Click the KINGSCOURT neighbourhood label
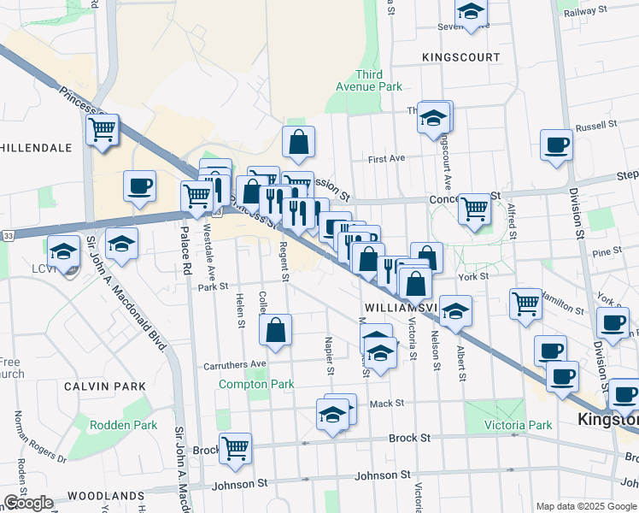[x=460, y=57]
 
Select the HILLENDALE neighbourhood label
[x=36, y=148]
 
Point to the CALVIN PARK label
[x=96, y=386]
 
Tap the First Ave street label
[x=386, y=158]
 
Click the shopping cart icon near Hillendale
[x=102, y=130]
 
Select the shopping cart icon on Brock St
[x=235, y=447]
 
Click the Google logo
[x=28, y=503]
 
